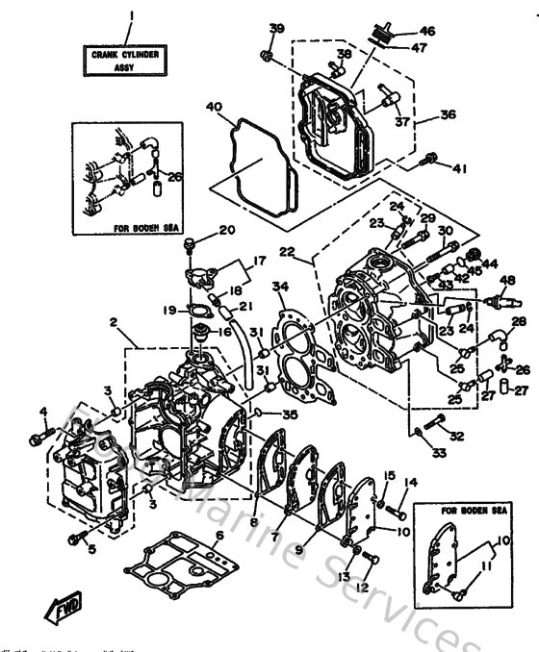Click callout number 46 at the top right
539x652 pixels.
426,31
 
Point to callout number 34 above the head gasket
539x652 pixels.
280,286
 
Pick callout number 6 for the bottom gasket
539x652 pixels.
219,535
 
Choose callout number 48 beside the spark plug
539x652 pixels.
508,280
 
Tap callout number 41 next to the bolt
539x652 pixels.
459,169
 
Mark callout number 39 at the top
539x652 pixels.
276,28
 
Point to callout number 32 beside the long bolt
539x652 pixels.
456,436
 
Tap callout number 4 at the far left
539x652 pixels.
43,414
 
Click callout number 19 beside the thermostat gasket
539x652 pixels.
168,310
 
